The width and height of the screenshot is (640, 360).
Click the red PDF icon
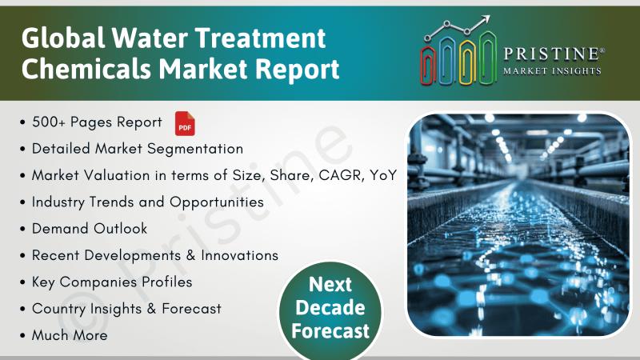185,123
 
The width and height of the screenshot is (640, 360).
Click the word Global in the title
63,38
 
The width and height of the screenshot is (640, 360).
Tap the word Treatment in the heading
260,38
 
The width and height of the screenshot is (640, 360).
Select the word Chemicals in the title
86,68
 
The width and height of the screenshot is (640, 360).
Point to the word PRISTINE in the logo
551,54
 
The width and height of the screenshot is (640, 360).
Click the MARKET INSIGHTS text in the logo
552,71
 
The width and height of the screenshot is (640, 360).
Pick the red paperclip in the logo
428,66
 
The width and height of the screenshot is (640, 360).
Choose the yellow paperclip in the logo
467,62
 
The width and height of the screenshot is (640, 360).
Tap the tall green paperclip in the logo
488,58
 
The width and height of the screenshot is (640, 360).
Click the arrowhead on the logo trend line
486,19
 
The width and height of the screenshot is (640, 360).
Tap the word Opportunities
217,202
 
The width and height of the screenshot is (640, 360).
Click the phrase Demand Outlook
90,229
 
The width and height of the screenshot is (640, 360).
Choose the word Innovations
239,255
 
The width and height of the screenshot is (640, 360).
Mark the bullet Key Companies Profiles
112,282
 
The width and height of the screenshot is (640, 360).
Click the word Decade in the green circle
330,307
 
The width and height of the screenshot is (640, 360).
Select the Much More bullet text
70,335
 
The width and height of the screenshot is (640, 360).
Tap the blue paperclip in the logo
448,61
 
